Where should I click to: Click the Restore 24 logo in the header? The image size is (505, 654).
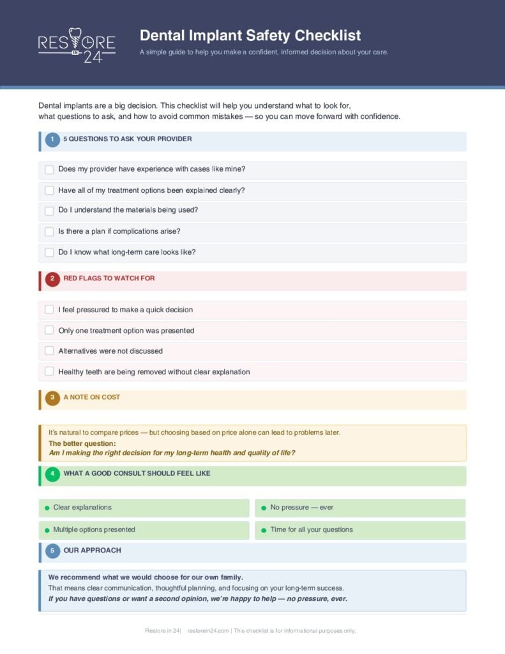click(77, 44)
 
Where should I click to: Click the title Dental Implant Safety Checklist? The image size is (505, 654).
click(250, 35)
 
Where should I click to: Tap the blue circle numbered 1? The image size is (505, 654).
click(52, 139)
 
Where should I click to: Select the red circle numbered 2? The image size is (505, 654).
click(52, 279)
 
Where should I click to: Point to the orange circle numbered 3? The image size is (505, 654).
click(52, 398)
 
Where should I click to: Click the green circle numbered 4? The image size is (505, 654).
click(52, 474)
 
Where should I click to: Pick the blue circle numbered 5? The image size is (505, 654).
click(52, 551)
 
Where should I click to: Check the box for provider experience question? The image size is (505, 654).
click(49, 170)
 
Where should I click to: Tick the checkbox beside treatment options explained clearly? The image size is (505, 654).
click(49, 190)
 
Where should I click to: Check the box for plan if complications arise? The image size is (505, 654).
click(49, 232)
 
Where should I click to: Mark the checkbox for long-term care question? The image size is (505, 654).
click(49, 252)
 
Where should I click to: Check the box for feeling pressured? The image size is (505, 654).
click(49, 310)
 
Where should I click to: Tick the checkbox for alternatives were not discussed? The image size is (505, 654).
click(49, 351)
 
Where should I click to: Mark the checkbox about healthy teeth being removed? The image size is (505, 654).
click(49, 372)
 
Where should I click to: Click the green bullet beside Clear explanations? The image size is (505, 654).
click(47, 508)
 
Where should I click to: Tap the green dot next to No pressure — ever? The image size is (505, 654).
click(264, 508)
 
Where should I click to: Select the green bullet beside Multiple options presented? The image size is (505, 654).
click(47, 530)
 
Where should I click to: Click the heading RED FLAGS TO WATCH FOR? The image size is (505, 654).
click(109, 278)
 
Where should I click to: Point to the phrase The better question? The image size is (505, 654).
click(82, 443)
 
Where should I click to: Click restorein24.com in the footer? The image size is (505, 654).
click(208, 631)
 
